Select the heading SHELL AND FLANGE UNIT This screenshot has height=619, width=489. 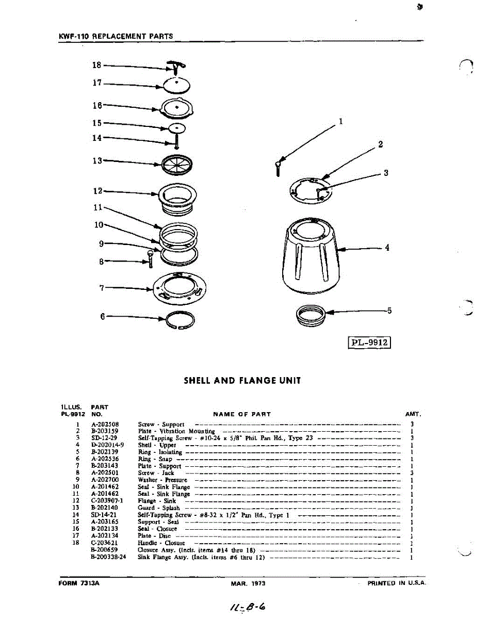(242, 381)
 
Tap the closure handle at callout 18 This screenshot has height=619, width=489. (176, 66)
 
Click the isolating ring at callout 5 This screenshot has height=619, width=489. (312, 314)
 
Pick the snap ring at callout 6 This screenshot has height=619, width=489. (180, 319)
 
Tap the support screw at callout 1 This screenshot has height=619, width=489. (278, 167)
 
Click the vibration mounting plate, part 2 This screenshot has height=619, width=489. (311, 189)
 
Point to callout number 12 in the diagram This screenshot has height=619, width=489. (97, 191)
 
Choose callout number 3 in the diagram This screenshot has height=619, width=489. (385, 173)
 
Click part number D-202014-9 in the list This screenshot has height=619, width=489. (107, 445)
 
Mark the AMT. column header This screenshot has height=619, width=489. (413, 414)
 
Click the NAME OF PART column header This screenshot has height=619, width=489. (241, 414)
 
